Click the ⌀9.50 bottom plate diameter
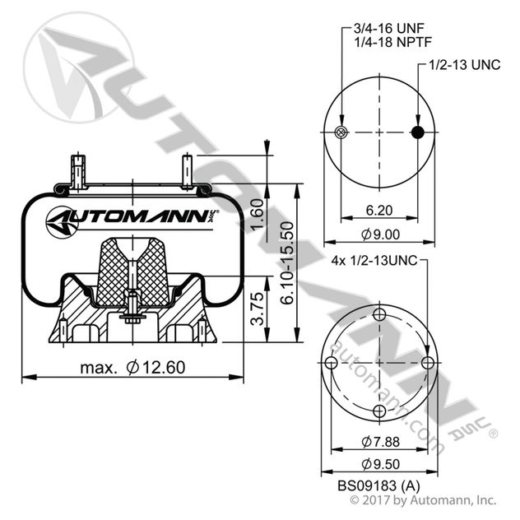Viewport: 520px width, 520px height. coord(379,465)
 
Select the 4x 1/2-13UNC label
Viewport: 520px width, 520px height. coord(374,261)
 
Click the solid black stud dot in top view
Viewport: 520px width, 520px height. coord(418,134)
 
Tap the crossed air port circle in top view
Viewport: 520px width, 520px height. coord(342,134)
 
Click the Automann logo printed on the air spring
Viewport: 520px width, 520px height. coord(128,220)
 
